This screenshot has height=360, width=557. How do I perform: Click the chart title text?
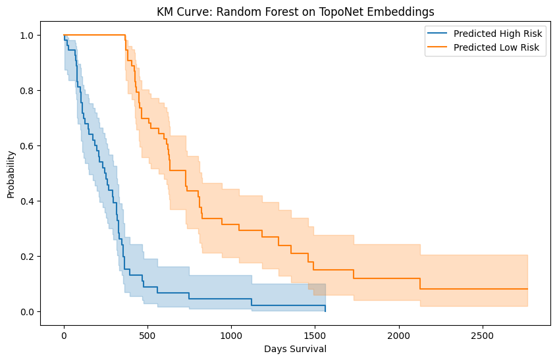point(296,11)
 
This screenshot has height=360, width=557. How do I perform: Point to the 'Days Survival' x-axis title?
point(296,349)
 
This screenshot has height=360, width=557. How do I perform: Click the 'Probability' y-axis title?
point(11,174)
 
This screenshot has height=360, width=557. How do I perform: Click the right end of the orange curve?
point(527,289)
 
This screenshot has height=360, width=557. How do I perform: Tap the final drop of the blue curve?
point(325,308)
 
